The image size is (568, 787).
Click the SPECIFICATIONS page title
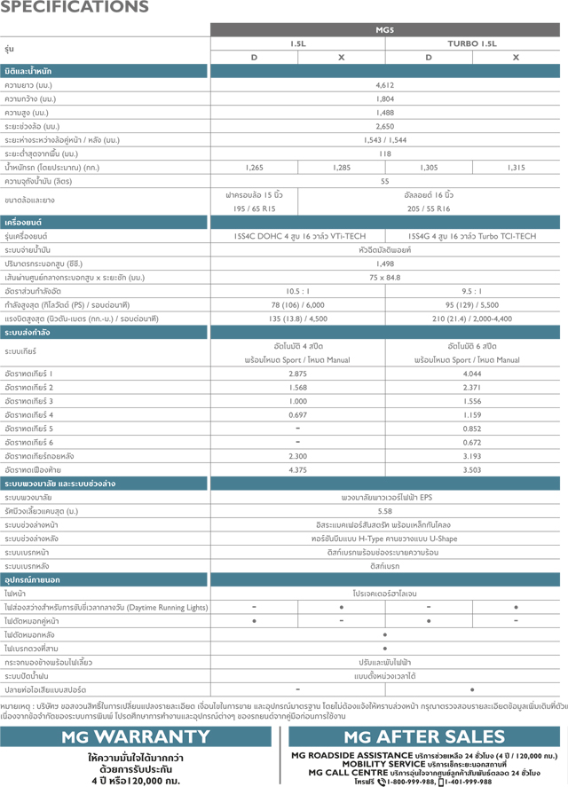pyautogui.click(x=75, y=9)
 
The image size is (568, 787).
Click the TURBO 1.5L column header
pyautogui.click(x=472, y=43)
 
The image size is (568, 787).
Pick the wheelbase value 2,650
pyautogui.click(x=384, y=127)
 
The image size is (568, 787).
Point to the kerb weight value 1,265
pyautogui.click(x=254, y=167)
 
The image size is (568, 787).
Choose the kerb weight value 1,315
pyautogui.click(x=516, y=167)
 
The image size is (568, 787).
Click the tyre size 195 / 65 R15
pyautogui.click(x=254, y=209)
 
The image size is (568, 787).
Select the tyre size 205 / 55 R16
pyautogui.click(x=429, y=209)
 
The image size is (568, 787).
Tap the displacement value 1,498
pyautogui.click(x=384, y=264)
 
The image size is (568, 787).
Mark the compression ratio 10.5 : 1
pyautogui.click(x=297, y=291)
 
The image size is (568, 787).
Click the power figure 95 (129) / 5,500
pyautogui.click(x=472, y=304)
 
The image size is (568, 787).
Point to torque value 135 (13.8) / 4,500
pyautogui.click(x=297, y=319)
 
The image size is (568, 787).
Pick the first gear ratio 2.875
pyautogui.click(x=297, y=374)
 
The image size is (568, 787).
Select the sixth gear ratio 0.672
pyautogui.click(x=472, y=442)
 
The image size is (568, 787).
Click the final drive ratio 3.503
pyautogui.click(x=472, y=469)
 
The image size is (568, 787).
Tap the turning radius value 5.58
pyautogui.click(x=384, y=511)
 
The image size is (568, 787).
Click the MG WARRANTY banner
pyautogui.click(x=136, y=736)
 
